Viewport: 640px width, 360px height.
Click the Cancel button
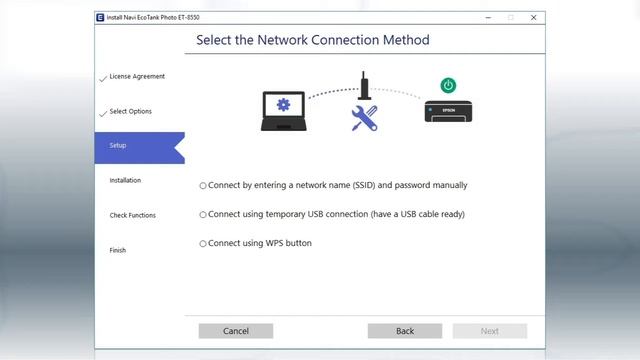[236, 331]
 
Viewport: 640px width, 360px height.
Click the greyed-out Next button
[490, 331]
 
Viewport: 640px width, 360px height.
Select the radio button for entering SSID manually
[203, 186]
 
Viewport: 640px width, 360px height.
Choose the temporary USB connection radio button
[203, 215]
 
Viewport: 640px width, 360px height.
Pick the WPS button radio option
[203, 244]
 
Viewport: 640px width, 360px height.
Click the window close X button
[533, 18]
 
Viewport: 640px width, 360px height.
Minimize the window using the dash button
[488, 18]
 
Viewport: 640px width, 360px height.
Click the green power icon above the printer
[448, 86]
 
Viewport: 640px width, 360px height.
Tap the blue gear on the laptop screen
[283, 105]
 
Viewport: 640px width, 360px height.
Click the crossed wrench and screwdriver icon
[364, 118]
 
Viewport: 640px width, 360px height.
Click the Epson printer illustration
[448, 111]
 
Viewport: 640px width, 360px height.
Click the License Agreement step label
[137, 76]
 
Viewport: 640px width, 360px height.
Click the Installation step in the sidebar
[125, 180]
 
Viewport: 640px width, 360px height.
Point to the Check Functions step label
[133, 215]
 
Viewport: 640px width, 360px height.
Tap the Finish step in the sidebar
[118, 250]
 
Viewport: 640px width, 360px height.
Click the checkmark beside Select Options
[103, 113]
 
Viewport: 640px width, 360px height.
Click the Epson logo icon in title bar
[100, 18]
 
